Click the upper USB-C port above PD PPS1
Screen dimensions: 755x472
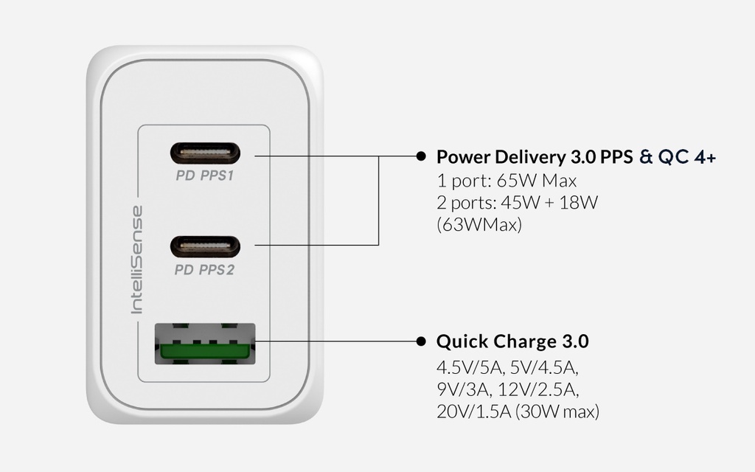[205, 153]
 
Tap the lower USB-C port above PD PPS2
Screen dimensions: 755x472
[205, 247]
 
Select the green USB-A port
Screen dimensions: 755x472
[205, 344]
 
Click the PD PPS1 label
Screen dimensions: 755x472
[205, 176]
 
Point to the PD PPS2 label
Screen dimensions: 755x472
[205, 270]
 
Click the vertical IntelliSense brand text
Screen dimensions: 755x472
[137, 260]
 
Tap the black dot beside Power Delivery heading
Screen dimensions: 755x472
[421, 156]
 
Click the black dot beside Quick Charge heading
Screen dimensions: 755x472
[421, 341]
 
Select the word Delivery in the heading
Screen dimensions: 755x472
[530, 157]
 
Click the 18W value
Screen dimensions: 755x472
[578, 202]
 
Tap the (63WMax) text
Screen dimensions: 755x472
[479, 224]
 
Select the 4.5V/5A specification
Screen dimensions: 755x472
[470, 367]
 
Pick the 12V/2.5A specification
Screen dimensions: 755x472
[538, 389]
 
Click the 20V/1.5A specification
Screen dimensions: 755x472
[474, 412]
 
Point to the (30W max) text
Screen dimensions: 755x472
[557, 412]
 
